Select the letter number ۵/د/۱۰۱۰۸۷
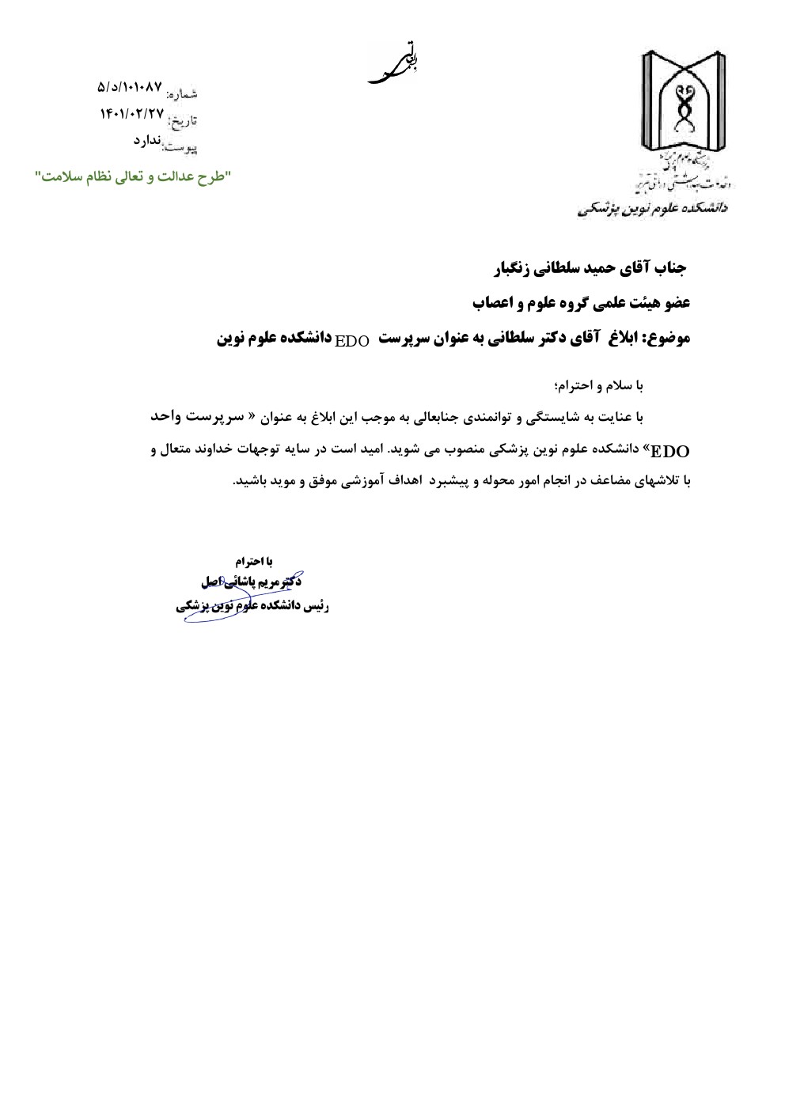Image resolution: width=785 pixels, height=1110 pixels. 130,85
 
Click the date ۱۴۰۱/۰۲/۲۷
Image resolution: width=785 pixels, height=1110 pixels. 131,113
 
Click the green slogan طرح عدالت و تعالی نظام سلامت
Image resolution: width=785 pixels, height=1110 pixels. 131,176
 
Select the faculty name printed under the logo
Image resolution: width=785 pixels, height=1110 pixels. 654,210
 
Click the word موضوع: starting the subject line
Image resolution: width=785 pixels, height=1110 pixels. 669,339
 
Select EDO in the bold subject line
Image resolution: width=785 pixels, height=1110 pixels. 352,341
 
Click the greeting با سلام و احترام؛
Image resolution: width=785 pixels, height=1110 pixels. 601,385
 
